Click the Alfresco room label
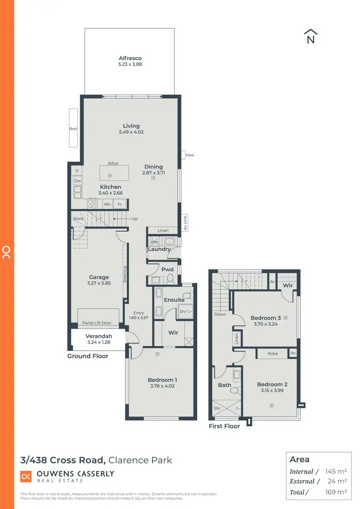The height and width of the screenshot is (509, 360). pyautogui.click(x=131, y=58)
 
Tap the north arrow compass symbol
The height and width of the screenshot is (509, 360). pyautogui.click(x=311, y=37)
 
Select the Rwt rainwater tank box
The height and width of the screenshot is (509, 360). pyautogui.click(x=73, y=128)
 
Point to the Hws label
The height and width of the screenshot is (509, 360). pyautogui.click(x=190, y=155)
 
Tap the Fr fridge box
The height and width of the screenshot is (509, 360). pyautogui.click(x=120, y=204)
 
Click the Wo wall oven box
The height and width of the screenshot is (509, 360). pyautogui.click(x=108, y=204)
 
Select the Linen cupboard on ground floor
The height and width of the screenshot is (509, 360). pyautogui.click(x=163, y=231)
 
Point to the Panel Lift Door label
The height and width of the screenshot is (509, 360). pyautogui.click(x=96, y=323)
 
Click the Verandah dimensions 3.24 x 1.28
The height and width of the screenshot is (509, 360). pyautogui.click(x=98, y=343)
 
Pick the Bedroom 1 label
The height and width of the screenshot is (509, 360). pyautogui.click(x=162, y=380)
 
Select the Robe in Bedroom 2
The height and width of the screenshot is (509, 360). pyautogui.click(x=272, y=354)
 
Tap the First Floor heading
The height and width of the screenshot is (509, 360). pyautogui.click(x=224, y=426)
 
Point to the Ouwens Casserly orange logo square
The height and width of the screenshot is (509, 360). pyautogui.click(x=26, y=476)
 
